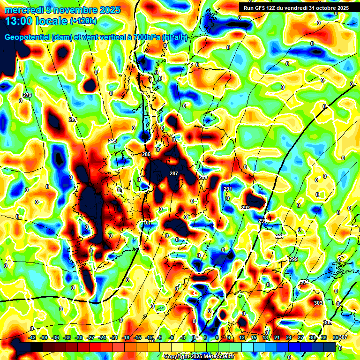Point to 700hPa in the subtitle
click(146, 37)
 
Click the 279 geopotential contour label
click(27, 96)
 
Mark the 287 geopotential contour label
click(174, 174)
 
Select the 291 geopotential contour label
click(228, 189)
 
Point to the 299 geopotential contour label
click(294, 260)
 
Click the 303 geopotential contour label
click(318, 303)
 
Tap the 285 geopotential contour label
click(146, 154)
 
